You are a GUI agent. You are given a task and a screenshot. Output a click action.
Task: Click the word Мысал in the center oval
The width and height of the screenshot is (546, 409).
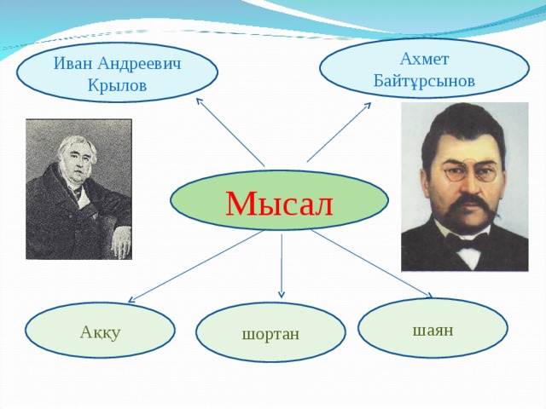coord(279,202)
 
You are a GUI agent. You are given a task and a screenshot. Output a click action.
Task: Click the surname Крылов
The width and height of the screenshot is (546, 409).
coord(117,86)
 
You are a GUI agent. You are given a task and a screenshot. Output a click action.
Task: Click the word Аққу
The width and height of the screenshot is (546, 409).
coord(100,331)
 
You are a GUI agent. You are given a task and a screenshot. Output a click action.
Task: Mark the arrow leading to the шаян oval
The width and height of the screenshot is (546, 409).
coord(371,264)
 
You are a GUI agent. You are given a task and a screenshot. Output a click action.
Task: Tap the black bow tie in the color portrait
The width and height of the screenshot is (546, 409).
coord(468,243)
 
